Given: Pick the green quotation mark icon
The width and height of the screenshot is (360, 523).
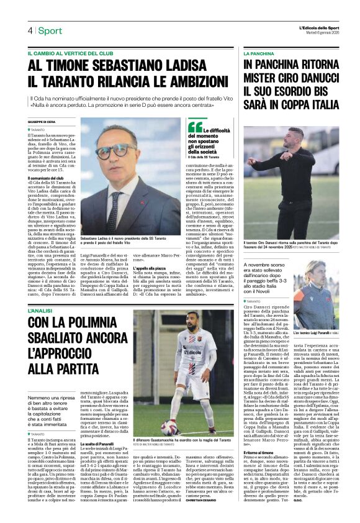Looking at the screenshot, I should [193, 127].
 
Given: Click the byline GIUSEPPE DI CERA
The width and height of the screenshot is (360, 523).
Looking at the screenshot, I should [42, 122].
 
